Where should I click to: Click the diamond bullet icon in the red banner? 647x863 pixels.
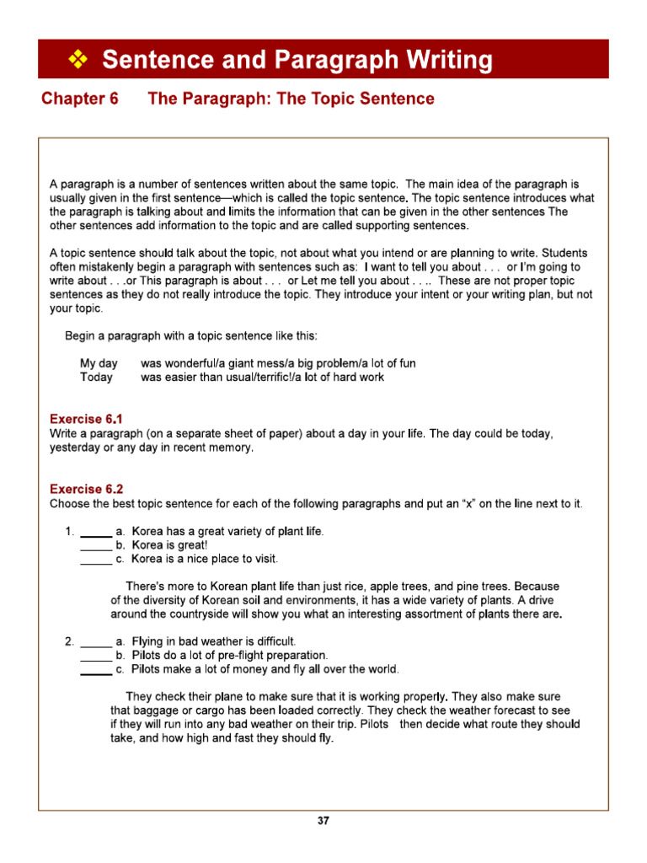78,60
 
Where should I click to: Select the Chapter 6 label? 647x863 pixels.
80,99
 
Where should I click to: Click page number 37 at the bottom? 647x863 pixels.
323,821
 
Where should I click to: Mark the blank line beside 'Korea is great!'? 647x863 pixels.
96,546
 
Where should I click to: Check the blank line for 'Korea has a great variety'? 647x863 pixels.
96,533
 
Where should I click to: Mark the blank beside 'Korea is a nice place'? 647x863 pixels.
96,560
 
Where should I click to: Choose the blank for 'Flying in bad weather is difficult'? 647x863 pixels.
96,642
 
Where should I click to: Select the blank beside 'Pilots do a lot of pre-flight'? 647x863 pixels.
96,656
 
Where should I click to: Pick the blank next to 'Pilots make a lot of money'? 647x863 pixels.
96,670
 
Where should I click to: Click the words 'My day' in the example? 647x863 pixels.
99,363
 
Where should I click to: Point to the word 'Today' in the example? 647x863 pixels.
96,378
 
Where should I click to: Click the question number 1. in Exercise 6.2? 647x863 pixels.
70,532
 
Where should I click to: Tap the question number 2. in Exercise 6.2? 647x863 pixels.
70,641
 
